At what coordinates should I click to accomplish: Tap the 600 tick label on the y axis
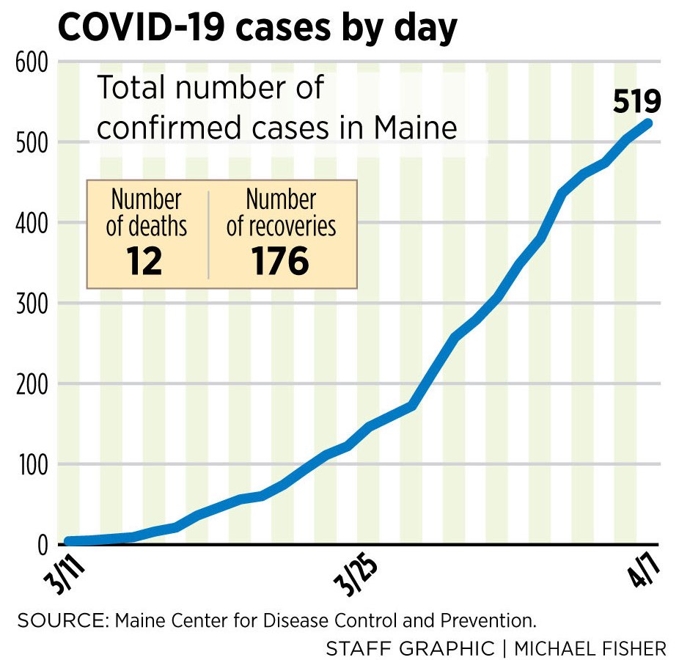pyautogui.click(x=31, y=62)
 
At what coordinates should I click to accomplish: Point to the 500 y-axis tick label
pyautogui.click(x=31, y=142)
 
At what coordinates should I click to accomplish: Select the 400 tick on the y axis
pyautogui.click(x=31, y=222)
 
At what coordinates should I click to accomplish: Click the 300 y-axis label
pyautogui.click(x=31, y=303)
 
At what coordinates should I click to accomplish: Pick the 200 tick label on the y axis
pyautogui.click(x=31, y=384)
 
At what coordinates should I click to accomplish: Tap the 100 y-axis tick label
pyautogui.click(x=31, y=464)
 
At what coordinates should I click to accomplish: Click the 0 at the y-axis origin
pyautogui.click(x=42, y=544)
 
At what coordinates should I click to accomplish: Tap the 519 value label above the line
pyautogui.click(x=636, y=101)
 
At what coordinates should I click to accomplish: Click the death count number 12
pyautogui.click(x=144, y=260)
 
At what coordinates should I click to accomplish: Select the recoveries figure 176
pyautogui.click(x=280, y=260)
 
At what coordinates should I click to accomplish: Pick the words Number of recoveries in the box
pyautogui.click(x=281, y=213)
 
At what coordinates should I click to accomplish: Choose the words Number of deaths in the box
pyautogui.click(x=146, y=213)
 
